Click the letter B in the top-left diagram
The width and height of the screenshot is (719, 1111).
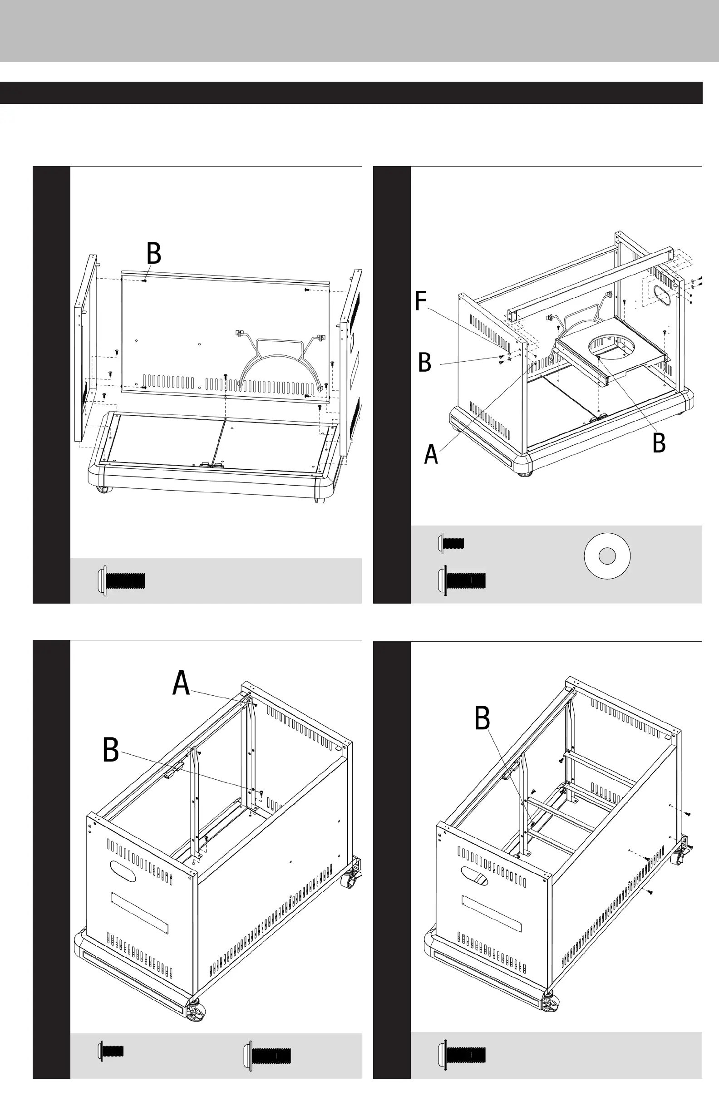click(153, 254)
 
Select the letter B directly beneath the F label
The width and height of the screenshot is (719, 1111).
click(424, 362)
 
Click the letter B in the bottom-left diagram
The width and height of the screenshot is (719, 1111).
click(111, 750)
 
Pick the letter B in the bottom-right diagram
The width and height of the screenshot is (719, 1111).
click(483, 718)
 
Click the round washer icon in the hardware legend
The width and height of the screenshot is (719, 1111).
click(607, 556)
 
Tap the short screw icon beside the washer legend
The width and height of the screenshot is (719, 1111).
click(451, 543)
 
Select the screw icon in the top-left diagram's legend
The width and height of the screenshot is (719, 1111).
click(122, 581)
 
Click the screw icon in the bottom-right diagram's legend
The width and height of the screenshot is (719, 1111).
click(462, 1054)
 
